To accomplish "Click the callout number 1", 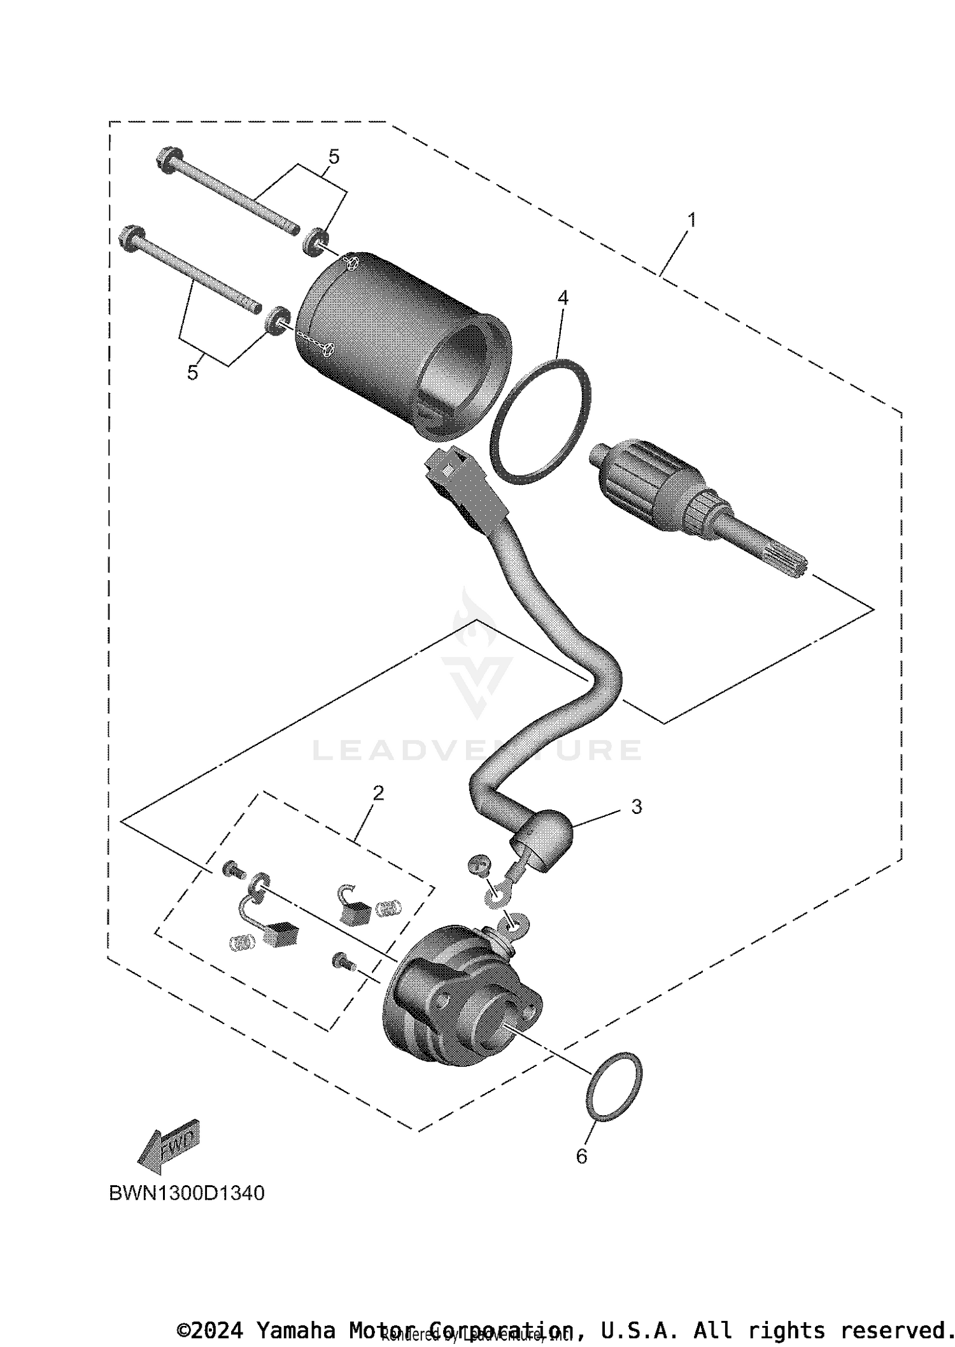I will click(x=691, y=220).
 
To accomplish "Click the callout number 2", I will click(x=378, y=793).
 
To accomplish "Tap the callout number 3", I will click(x=636, y=806).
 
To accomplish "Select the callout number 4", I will click(x=562, y=297).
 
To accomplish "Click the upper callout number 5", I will click(x=334, y=156).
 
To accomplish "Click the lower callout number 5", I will click(x=192, y=373).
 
